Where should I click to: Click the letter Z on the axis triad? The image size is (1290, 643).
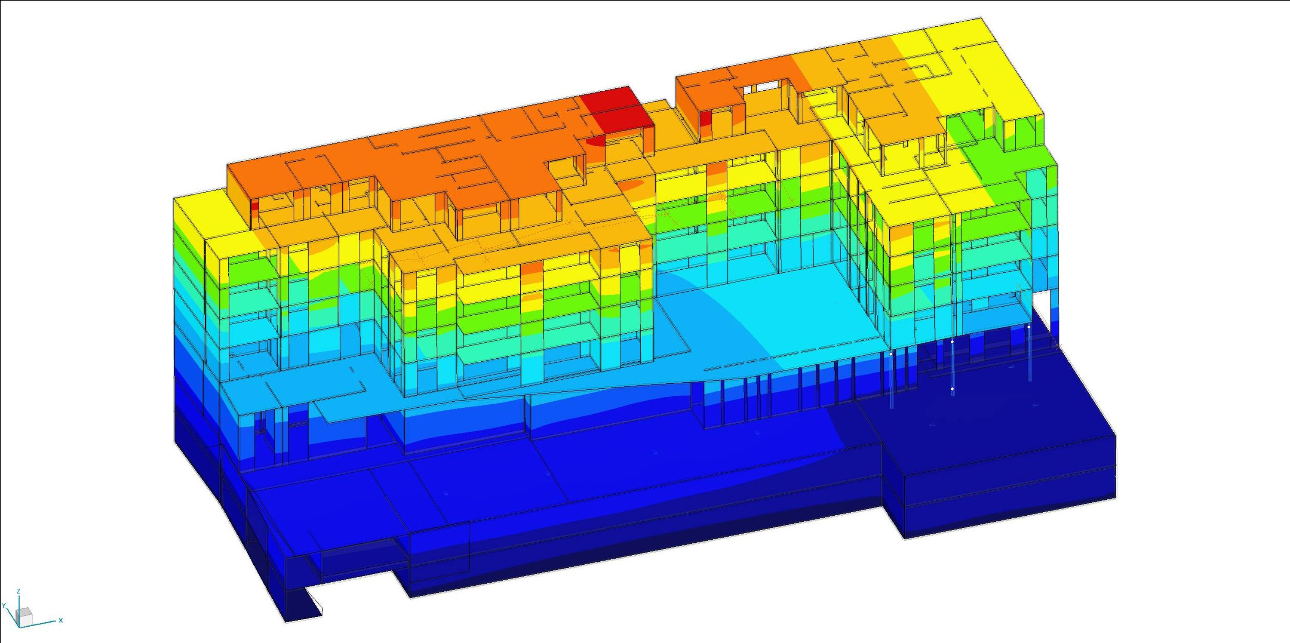point(18,591)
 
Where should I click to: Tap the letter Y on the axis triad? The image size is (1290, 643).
point(3,606)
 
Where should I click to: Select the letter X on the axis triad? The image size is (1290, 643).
point(61,620)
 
